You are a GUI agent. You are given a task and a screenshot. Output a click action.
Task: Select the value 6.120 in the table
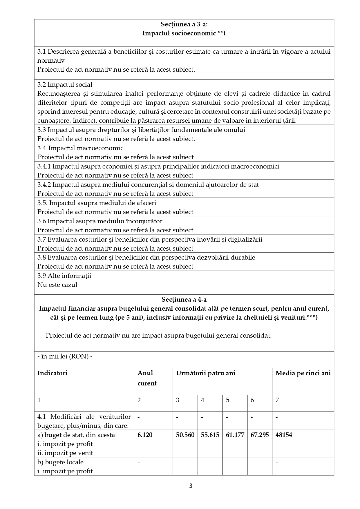pyautogui.click(x=145, y=435)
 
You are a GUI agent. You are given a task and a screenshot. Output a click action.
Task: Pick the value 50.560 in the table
pyautogui.click(x=185, y=435)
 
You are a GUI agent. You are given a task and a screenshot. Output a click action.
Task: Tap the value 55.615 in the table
pyautogui.click(x=210, y=435)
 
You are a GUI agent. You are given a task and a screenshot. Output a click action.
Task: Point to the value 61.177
pyautogui.click(x=235, y=435)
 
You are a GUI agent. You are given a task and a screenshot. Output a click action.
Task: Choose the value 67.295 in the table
pyautogui.click(x=260, y=435)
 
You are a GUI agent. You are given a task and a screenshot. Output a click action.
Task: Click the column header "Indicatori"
pyautogui.click(x=52, y=373)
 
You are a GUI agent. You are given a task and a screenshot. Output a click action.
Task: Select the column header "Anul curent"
pyautogui.click(x=147, y=378)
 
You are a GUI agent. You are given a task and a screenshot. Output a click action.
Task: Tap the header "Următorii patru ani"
pyautogui.click(x=205, y=373)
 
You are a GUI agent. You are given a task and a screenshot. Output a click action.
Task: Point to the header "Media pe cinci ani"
pyautogui.click(x=303, y=373)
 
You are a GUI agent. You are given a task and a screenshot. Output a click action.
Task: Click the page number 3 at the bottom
pyautogui.click(x=191, y=486)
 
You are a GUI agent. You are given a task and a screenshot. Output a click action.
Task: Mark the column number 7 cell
pyautogui.click(x=277, y=400)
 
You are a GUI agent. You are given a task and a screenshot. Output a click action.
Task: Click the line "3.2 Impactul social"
pyautogui.click(x=65, y=85)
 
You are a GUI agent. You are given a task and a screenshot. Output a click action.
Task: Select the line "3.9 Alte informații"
pyautogui.click(x=64, y=276)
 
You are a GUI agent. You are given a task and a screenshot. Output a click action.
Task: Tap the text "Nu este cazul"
pyautogui.click(x=57, y=285)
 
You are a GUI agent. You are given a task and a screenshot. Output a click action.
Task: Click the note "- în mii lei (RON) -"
pyautogui.click(x=65, y=356)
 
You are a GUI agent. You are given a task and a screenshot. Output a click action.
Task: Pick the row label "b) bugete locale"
pyautogui.click(x=60, y=462)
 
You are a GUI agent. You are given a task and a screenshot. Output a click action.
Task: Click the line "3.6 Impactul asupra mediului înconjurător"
pyautogui.click(x=100, y=221)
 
